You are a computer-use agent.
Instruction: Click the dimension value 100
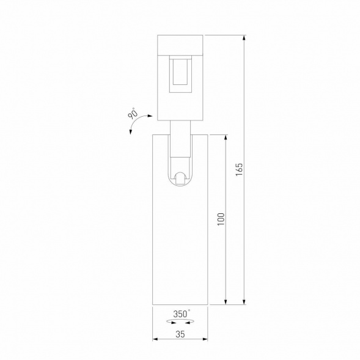click(x=221, y=219)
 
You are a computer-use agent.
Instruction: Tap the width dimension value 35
click(x=180, y=334)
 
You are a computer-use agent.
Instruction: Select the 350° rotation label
click(x=180, y=314)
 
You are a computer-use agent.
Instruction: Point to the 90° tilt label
click(x=132, y=114)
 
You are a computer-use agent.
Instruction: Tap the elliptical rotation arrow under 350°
click(x=180, y=321)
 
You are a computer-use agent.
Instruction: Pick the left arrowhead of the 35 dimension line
click(x=154, y=340)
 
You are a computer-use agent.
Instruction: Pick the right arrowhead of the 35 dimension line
click(x=206, y=340)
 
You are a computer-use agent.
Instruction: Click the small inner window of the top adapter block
click(x=180, y=72)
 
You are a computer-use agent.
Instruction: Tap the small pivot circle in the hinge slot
click(x=180, y=178)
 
